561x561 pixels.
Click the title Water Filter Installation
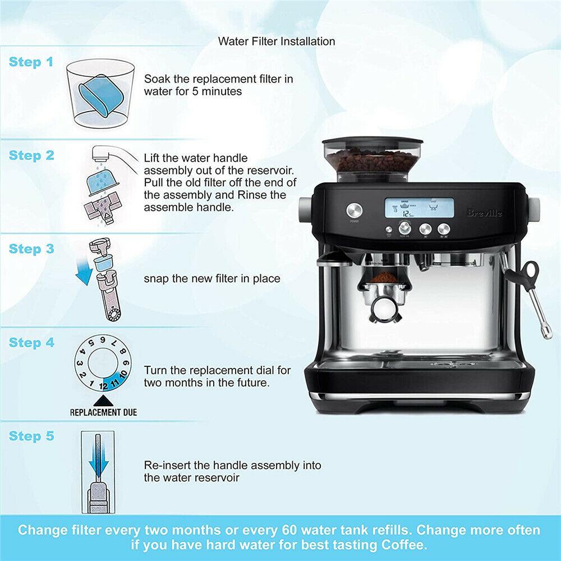(x=277, y=41)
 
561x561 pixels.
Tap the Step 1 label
(x=31, y=62)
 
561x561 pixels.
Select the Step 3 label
(x=31, y=249)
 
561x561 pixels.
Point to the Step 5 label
(x=31, y=436)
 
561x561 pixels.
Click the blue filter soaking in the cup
(x=95, y=95)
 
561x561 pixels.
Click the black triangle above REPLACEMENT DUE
(x=103, y=400)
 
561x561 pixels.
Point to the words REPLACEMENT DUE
(x=103, y=412)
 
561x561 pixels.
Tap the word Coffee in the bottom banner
(x=406, y=544)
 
